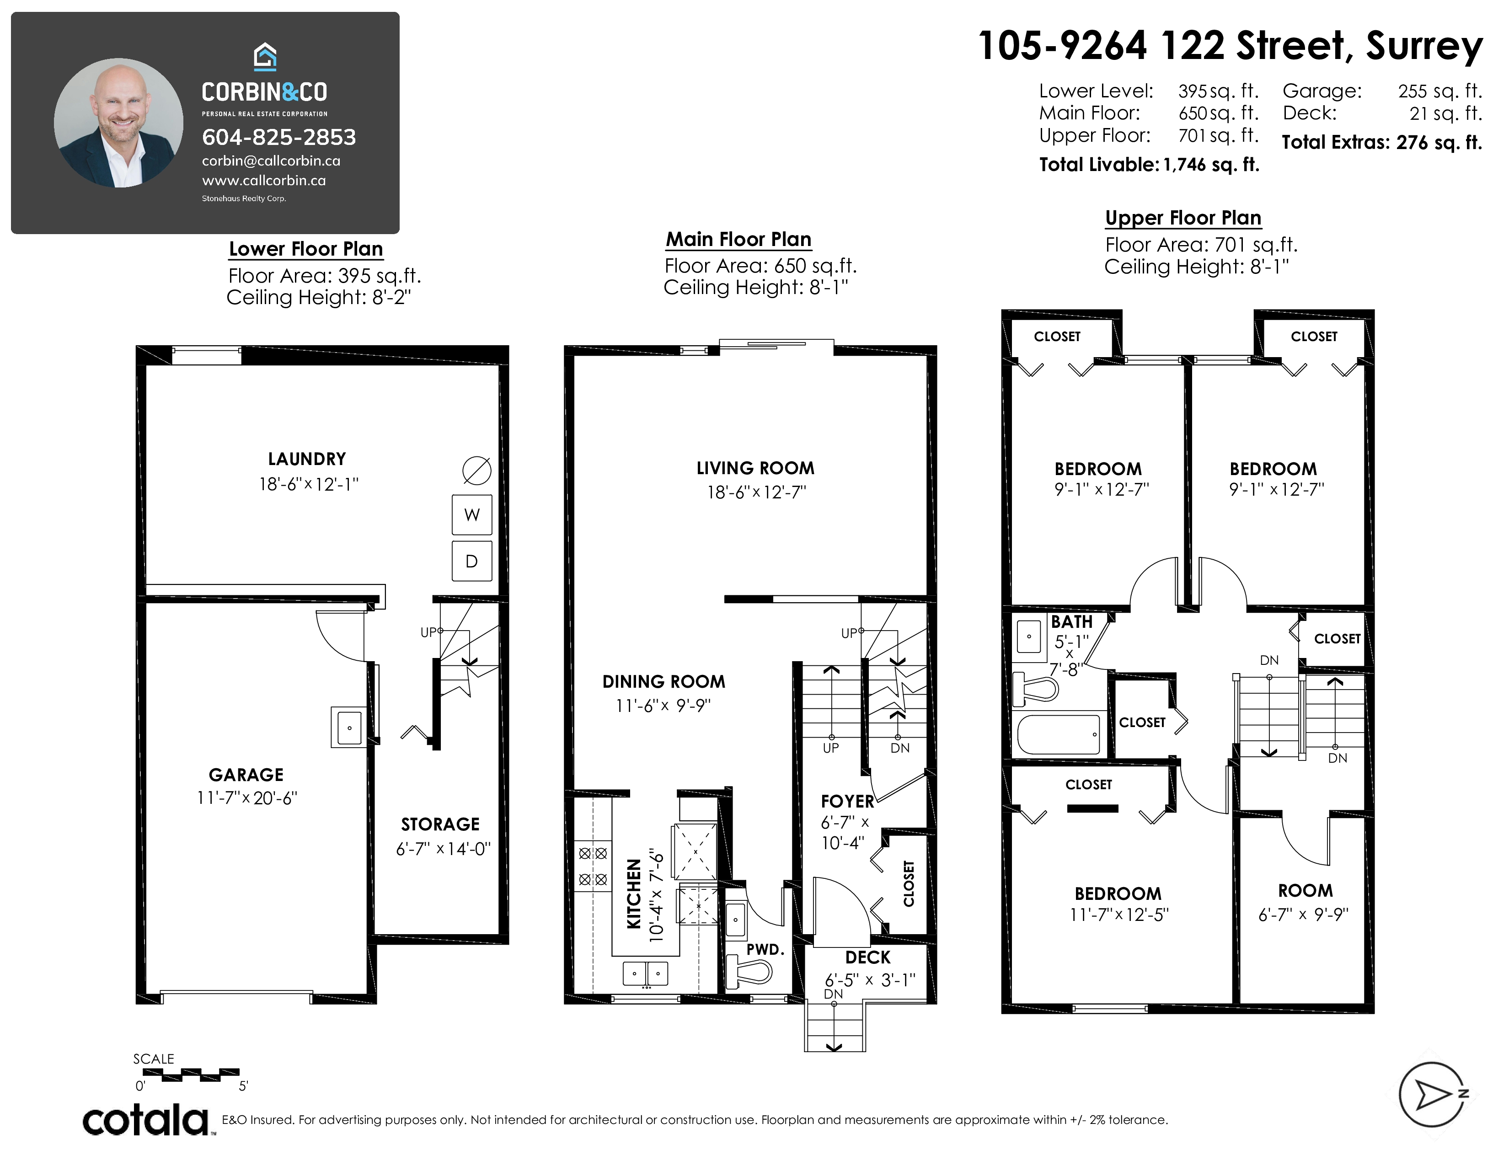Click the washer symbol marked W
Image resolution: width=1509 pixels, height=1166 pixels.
[x=472, y=514]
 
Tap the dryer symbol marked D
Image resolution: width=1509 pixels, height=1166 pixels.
[x=472, y=561]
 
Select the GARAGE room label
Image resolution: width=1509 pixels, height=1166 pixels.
[x=246, y=775]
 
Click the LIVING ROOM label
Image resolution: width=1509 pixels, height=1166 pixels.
[x=755, y=468]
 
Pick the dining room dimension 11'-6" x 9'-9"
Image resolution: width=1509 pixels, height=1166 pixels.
[x=664, y=705]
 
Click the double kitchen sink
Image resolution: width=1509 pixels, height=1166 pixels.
[x=646, y=973]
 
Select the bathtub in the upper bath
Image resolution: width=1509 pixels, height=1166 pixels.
[x=1059, y=734]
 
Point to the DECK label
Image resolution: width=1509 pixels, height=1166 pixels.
[x=868, y=957]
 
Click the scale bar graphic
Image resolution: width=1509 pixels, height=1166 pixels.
[x=187, y=1075]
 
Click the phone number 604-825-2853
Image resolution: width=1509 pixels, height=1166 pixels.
[x=279, y=138]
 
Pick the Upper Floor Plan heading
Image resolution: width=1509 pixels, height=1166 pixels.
[x=1183, y=218]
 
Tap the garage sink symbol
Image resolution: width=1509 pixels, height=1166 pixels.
[x=349, y=727]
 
